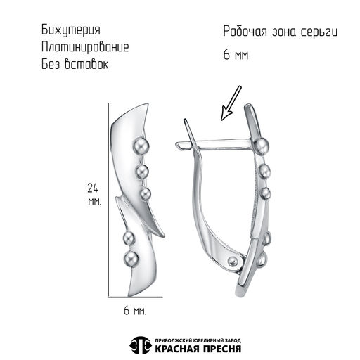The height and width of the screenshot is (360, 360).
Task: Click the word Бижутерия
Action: click(71, 30)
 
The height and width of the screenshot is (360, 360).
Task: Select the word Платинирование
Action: click(85, 47)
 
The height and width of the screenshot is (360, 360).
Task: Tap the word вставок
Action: click(86, 64)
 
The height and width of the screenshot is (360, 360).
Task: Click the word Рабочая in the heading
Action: click(245, 31)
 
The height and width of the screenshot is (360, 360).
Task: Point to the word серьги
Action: click(319, 32)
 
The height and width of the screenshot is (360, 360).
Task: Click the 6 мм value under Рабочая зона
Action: click(236, 55)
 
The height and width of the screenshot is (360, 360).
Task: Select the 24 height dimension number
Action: click(93, 188)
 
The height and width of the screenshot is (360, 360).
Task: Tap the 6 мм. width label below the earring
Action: click(135, 311)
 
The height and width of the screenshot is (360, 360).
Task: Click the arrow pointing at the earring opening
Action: click(231, 103)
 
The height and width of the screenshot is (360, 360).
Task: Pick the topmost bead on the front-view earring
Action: click(141, 146)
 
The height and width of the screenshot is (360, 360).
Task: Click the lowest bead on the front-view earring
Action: click(131, 259)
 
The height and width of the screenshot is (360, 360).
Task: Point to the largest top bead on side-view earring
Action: click(261, 146)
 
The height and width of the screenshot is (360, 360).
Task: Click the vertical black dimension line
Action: click(108, 200)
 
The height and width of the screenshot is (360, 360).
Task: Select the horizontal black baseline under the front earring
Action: click(135, 297)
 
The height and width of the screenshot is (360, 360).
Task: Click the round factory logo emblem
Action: click(140, 345)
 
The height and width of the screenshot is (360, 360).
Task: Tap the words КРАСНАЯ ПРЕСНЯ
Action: click(198, 349)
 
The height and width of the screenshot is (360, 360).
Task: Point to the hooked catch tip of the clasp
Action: click(179, 145)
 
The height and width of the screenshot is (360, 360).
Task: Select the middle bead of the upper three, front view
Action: click(142, 172)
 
